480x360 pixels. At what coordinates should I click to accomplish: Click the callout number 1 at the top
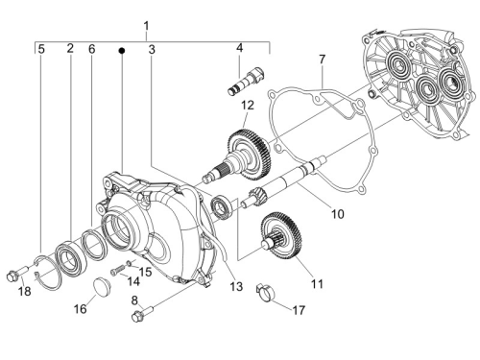tap(146, 26)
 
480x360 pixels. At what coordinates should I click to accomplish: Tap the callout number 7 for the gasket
tap(322, 60)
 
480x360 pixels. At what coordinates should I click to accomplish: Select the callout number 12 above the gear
tap(248, 106)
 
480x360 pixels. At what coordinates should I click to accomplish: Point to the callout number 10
tap(337, 213)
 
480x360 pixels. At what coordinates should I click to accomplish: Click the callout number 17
tap(299, 310)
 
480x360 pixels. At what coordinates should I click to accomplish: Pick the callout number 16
tap(81, 309)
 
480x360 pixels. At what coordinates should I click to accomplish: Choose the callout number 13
tap(236, 286)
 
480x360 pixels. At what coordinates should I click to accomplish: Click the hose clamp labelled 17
tap(265, 292)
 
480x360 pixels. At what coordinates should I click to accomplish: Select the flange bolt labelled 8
tap(142, 314)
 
